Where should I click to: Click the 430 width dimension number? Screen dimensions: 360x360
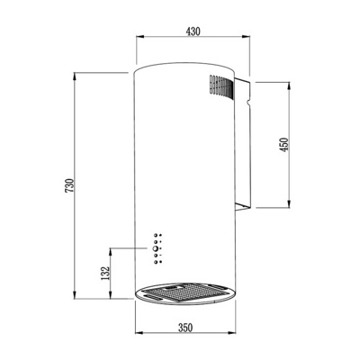193,31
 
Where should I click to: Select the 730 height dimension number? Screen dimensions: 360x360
69,185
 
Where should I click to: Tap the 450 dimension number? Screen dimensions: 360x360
284,145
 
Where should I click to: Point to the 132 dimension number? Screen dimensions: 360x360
105,273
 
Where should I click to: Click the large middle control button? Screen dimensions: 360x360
156,248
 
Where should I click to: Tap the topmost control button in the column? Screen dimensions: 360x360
156,235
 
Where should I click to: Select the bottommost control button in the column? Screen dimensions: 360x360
156,262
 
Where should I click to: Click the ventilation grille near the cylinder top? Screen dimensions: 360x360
221,86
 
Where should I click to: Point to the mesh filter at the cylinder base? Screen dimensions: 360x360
184,292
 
